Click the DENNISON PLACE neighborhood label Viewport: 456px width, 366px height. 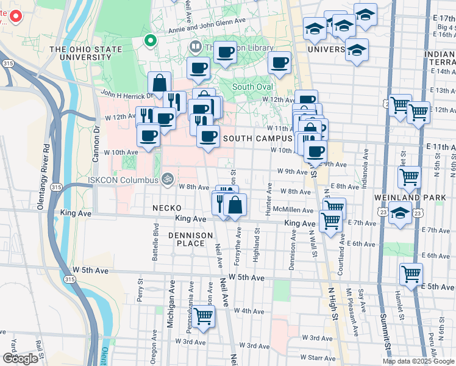190,239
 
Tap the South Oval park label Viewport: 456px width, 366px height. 252,87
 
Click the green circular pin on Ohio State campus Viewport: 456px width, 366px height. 150,41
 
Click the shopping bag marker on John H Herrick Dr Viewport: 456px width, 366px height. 159,83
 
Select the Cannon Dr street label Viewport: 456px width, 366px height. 96,144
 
